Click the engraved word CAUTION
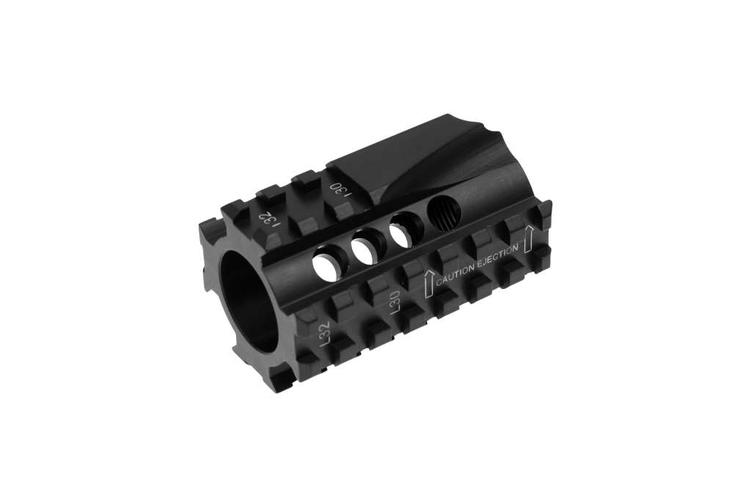point(455,274)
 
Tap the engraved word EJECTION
point(497,255)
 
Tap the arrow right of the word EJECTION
point(528,240)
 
